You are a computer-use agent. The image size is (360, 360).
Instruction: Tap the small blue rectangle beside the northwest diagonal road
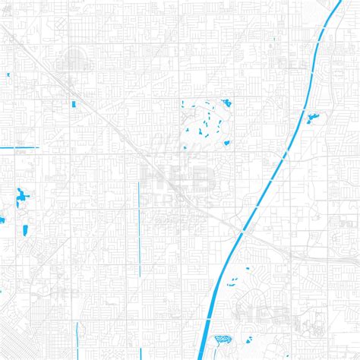[x=74, y=103]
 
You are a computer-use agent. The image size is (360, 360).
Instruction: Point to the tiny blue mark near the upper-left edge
[x=7, y=74]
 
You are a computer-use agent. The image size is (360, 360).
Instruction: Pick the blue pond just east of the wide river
[x=312, y=117]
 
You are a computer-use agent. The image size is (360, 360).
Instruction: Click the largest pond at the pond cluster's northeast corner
[x=227, y=103]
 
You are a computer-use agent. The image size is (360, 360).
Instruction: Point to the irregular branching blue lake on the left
[x=21, y=198]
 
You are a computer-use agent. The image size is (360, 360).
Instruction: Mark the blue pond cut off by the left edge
[x=2, y=220]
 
